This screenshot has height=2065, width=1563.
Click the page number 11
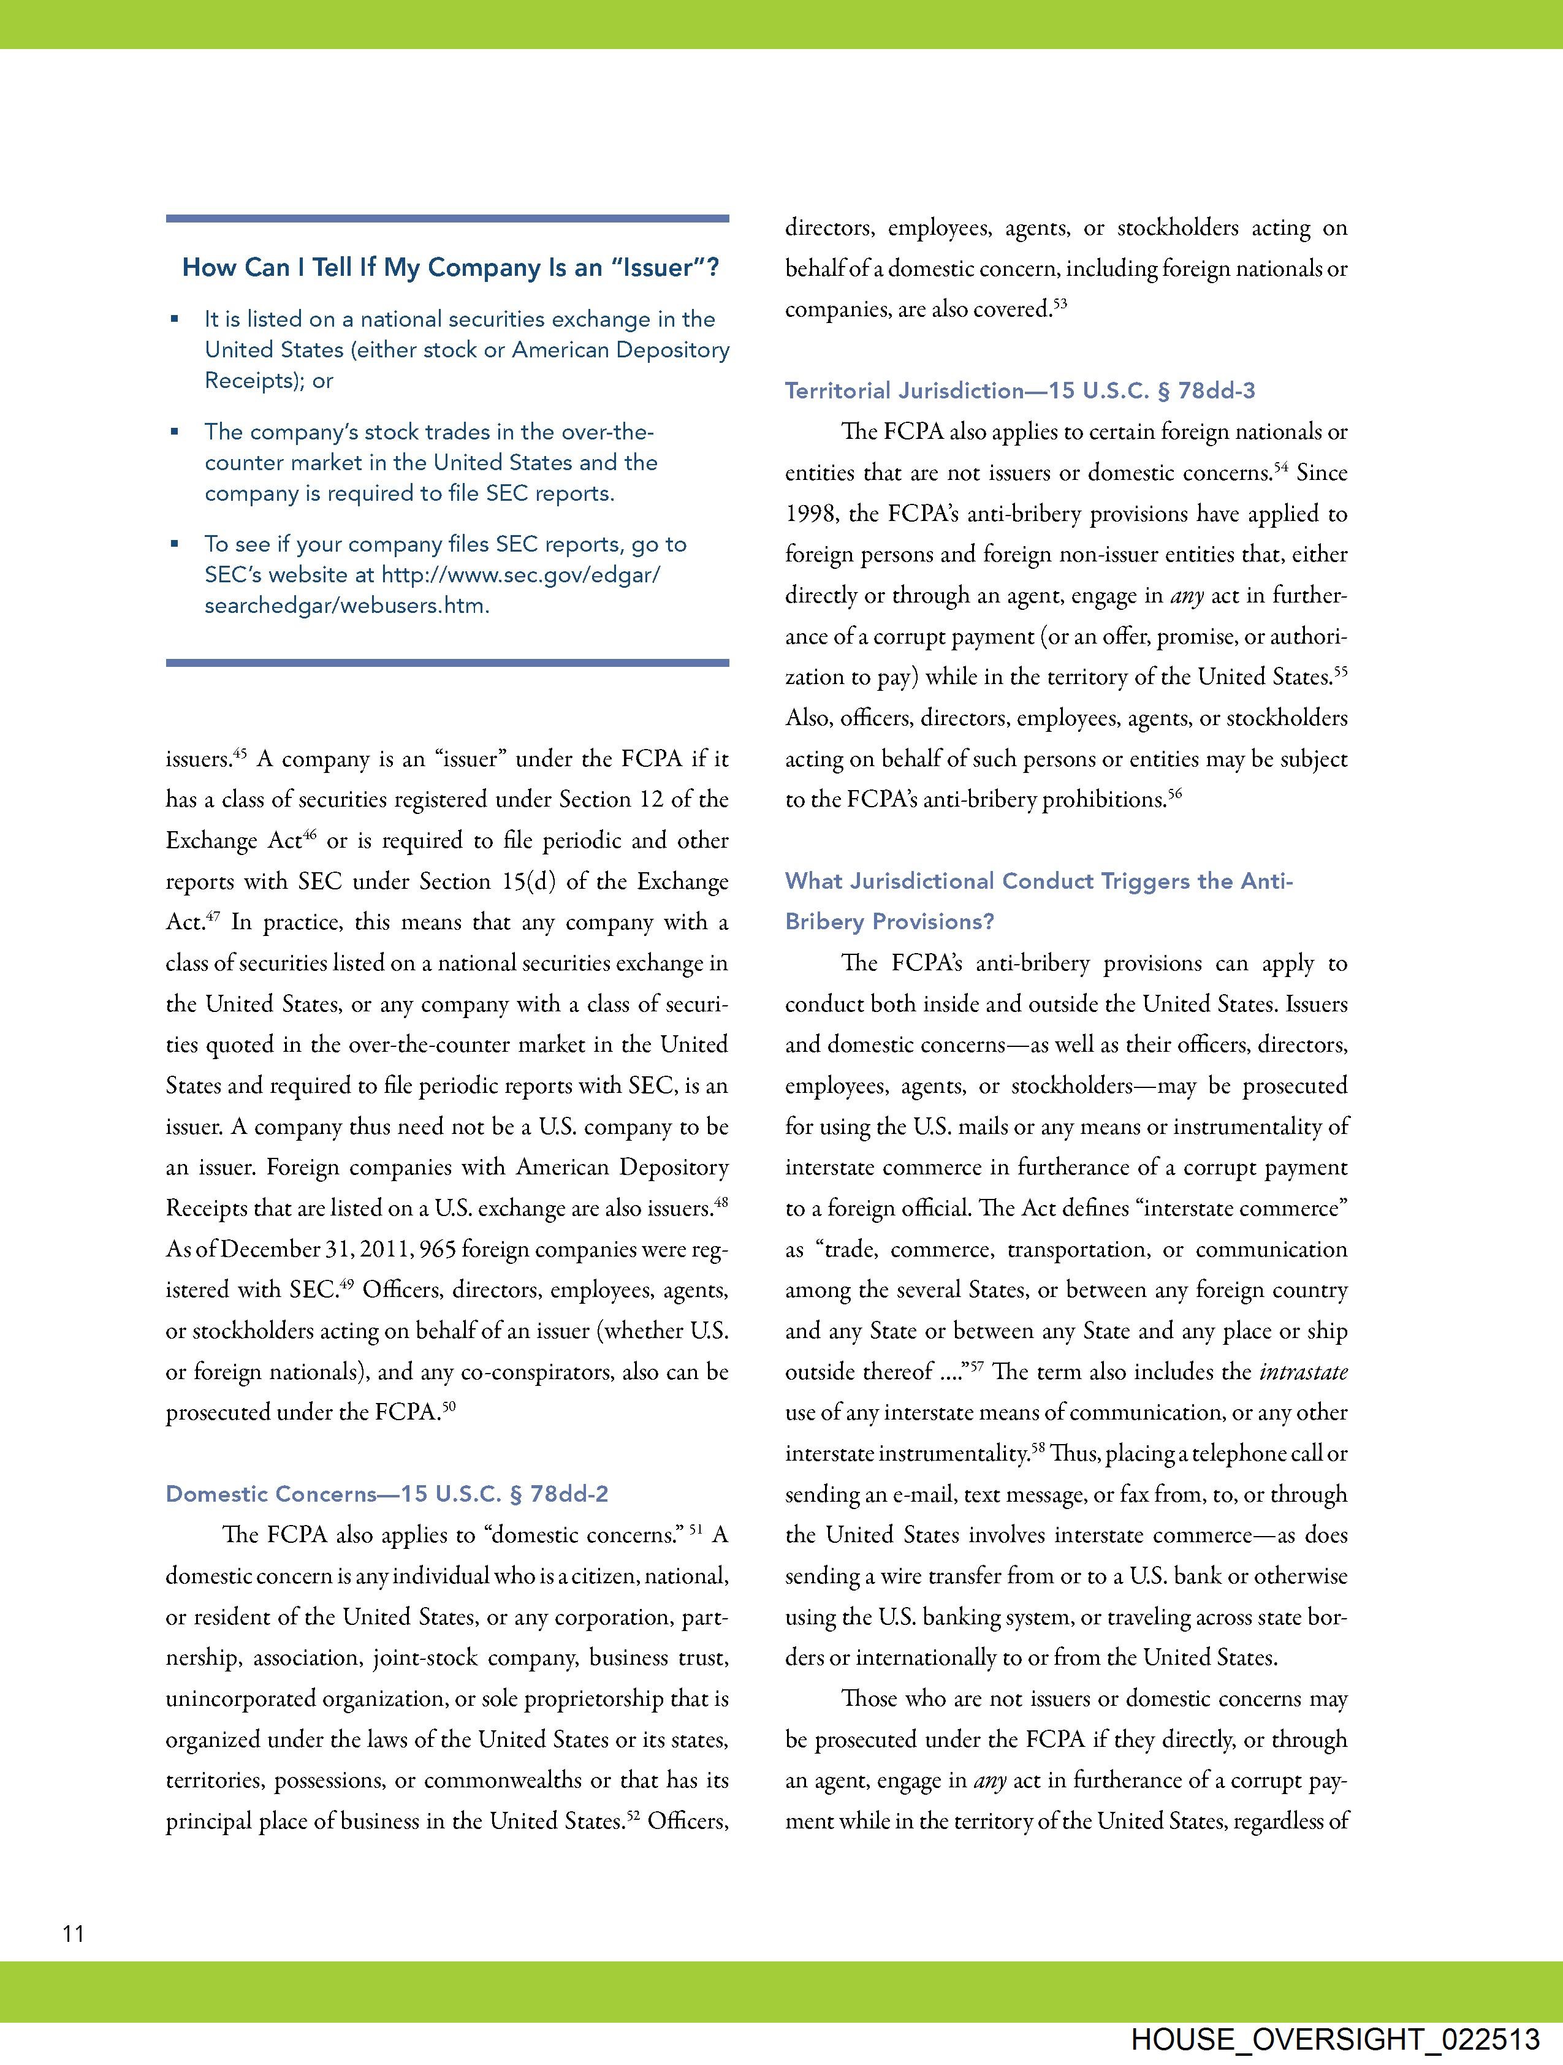[74, 1933]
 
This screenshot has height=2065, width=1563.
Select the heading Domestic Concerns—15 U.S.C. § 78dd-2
[387, 1494]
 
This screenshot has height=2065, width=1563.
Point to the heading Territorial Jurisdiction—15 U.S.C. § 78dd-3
[1019, 390]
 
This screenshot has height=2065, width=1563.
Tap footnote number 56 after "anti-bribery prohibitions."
[1174, 794]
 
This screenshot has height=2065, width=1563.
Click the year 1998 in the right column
[812, 514]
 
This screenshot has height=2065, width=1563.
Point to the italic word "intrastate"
[1304, 1371]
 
